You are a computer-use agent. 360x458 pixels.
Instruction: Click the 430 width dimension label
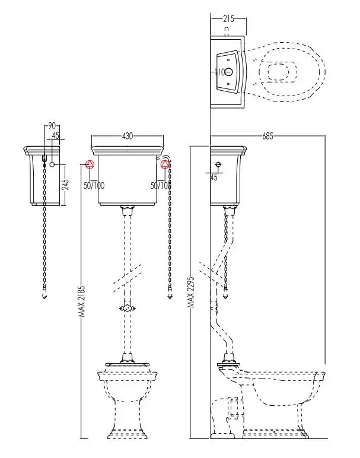(x=128, y=136)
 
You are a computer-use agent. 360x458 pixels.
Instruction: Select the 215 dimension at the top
(x=228, y=19)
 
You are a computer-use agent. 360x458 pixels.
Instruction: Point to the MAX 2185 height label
(x=84, y=302)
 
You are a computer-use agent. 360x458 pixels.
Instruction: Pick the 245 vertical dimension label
(x=66, y=185)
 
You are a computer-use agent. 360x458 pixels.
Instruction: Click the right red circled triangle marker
(x=165, y=164)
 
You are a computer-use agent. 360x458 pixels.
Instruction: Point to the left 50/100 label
(x=94, y=186)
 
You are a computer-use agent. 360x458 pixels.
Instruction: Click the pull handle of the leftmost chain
(x=46, y=294)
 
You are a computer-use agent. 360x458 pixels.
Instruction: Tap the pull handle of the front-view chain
(x=171, y=292)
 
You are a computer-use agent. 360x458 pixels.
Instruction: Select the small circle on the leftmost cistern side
(x=53, y=164)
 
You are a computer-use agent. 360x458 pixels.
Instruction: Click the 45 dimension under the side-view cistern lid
(x=214, y=177)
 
